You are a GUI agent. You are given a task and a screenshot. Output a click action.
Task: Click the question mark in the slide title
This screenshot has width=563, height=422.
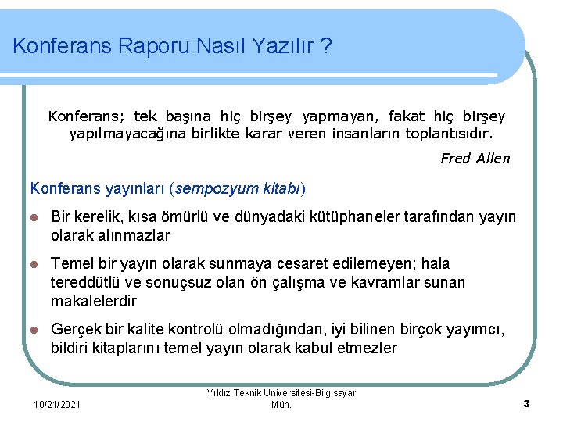tap(325, 46)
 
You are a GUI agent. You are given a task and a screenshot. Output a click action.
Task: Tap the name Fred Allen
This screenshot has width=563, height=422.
tap(475, 159)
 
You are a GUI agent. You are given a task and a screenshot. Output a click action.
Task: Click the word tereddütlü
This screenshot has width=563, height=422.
tap(87, 282)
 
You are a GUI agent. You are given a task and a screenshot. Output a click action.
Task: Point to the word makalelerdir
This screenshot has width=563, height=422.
tap(94, 301)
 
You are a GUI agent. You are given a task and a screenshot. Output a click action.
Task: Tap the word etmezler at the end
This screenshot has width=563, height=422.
tap(367, 348)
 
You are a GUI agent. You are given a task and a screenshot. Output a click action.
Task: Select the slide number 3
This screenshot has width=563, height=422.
tap(526, 403)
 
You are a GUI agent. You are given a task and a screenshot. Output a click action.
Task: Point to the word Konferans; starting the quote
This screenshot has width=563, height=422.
tap(87, 116)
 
